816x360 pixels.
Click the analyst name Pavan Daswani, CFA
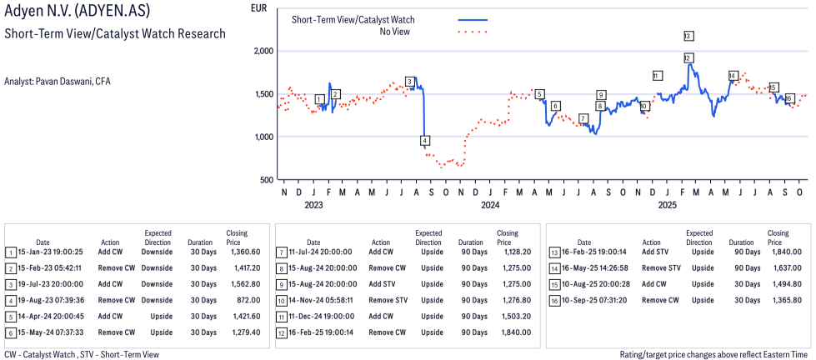coord(58,82)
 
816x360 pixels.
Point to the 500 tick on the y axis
coord(267,180)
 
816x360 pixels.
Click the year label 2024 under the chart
coord(489,205)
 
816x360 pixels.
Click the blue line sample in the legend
coord(473,19)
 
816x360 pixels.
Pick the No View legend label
coord(394,32)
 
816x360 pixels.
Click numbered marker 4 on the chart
coord(425,140)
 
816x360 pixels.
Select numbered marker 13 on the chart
coord(688,36)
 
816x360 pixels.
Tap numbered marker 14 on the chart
coord(733,76)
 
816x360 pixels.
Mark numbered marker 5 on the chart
coord(539,94)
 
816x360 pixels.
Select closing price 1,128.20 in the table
coord(513,252)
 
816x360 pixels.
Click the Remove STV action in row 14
coord(663,267)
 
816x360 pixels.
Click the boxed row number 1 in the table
coord(10,252)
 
